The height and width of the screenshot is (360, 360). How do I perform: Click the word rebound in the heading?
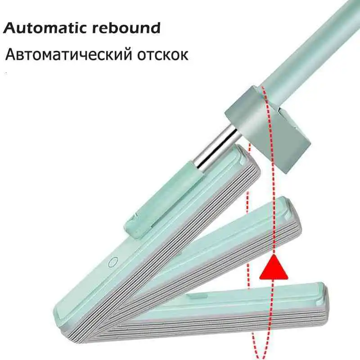pyautogui.click(x=126, y=28)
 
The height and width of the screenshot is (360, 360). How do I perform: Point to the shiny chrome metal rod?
pyautogui.click(x=215, y=150)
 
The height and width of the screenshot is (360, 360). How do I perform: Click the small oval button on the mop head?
pyautogui.click(x=113, y=262)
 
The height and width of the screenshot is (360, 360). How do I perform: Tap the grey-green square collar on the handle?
pyautogui.click(x=267, y=128)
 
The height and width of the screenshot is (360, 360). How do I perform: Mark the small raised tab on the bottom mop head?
pyautogui.click(x=196, y=296)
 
